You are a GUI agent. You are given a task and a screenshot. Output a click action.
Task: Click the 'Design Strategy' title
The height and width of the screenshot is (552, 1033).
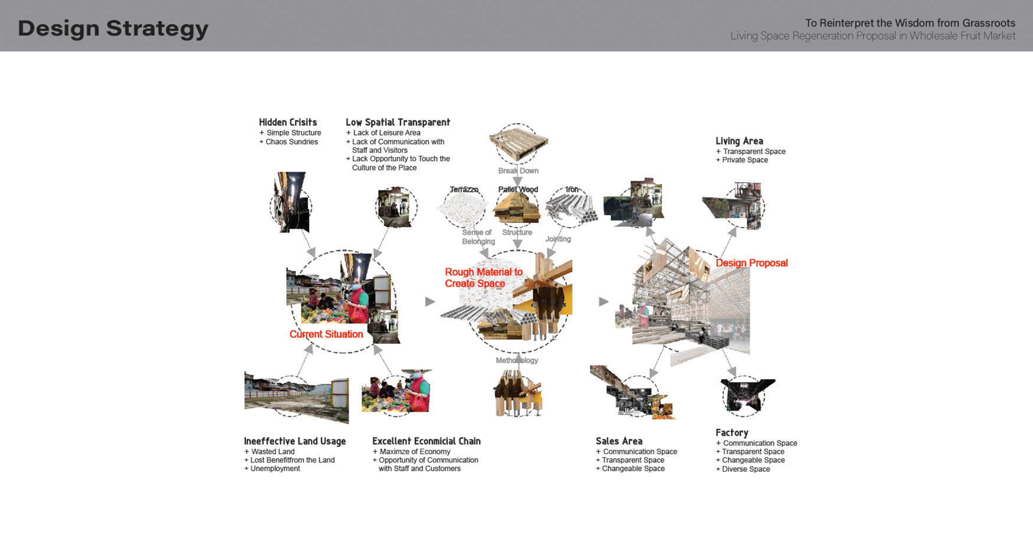(113, 28)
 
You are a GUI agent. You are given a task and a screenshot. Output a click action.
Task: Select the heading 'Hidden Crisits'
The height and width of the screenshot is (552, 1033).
(288, 122)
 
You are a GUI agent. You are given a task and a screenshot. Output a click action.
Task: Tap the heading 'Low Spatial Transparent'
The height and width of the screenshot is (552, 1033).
(398, 122)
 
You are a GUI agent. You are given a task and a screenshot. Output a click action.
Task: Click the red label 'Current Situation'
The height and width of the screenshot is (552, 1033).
(326, 334)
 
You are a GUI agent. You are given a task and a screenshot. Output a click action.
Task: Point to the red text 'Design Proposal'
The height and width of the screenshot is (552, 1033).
(752, 263)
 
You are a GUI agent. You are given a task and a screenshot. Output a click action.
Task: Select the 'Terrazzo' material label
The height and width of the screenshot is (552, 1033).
(464, 189)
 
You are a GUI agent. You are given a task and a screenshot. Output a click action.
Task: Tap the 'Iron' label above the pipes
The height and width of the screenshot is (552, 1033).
(572, 189)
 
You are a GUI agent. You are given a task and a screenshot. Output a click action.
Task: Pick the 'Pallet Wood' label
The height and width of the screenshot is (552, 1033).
(518, 189)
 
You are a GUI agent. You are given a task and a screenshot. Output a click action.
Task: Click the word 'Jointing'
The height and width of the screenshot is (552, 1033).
(558, 239)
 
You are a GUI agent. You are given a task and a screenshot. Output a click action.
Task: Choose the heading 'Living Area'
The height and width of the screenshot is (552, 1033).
(739, 141)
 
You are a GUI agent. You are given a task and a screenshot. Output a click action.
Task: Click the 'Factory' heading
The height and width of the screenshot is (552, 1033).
(732, 432)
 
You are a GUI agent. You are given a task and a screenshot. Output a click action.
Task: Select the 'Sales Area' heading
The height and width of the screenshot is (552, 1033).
(619, 441)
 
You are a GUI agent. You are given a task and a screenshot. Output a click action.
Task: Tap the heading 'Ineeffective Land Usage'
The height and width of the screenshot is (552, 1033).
(295, 441)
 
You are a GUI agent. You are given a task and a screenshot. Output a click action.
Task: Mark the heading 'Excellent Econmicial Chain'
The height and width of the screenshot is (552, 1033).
(427, 441)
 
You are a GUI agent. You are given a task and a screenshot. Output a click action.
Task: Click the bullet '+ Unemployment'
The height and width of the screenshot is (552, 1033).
(273, 469)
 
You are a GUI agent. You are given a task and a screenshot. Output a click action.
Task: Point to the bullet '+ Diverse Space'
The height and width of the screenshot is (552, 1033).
(743, 469)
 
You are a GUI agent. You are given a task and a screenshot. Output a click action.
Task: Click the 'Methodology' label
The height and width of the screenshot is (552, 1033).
(517, 360)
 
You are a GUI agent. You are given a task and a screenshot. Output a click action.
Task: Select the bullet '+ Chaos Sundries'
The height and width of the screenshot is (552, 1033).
(289, 142)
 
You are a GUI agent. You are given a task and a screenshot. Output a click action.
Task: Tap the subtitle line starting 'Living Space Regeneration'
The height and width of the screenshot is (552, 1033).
(873, 36)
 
